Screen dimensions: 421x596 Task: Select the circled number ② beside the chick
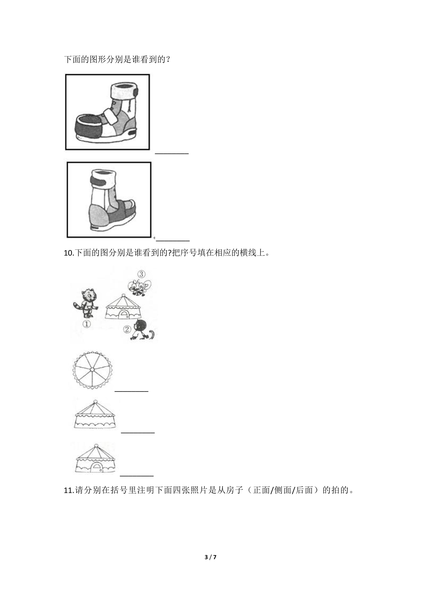127,329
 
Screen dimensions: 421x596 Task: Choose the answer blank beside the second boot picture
173,241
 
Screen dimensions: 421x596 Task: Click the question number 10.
69,253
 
